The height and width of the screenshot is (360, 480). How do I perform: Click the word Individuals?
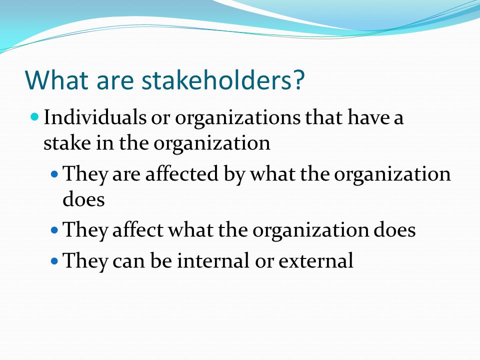pyautogui.click(x=95, y=117)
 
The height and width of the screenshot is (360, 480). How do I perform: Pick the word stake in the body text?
pyautogui.click(x=67, y=142)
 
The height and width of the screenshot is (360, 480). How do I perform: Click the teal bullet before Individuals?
pyautogui.click(x=35, y=116)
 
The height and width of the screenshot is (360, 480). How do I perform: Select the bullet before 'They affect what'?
pyautogui.click(x=54, y=230)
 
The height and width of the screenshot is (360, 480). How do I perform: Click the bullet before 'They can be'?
pyautogui.click(x=54, y=261)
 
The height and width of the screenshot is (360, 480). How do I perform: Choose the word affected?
pyautogui.click(x=182, y=173)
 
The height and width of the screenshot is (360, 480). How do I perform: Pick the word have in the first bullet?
pyautogui.click(x=368, y=117)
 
